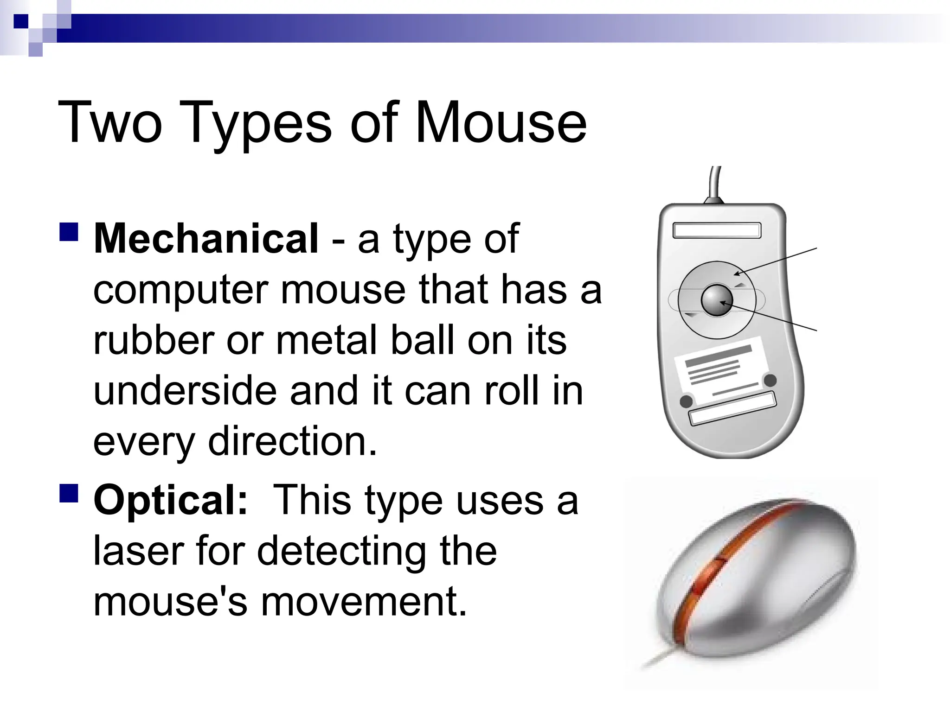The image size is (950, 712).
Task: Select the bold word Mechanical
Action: point(206,239)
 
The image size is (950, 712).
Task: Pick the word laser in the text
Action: point(139,551)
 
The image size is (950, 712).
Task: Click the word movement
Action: point(364,602)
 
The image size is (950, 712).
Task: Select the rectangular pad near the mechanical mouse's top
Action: point(717,230)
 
